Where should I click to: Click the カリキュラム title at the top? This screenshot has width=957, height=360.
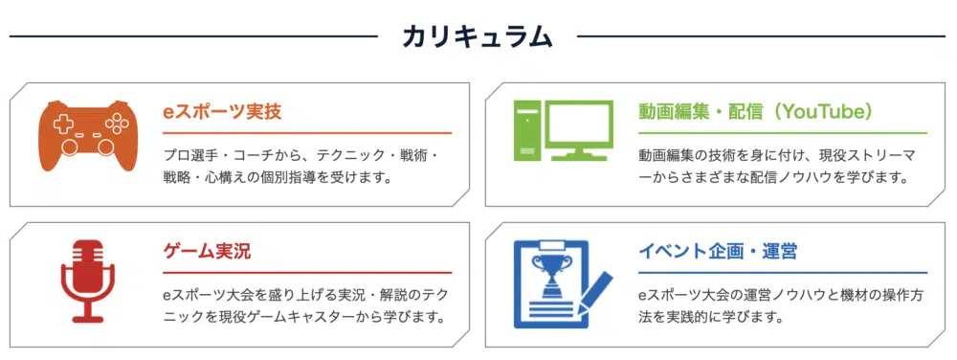point(478,36)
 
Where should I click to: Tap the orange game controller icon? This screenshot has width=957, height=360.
point(88,135)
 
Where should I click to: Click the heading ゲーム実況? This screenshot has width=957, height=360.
point(207,252)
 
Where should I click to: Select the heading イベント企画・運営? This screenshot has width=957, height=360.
point(717,252)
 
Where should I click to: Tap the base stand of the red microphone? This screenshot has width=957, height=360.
point(88,318)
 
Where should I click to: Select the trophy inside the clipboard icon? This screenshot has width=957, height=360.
point(550,275)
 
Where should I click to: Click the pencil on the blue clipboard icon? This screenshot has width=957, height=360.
point(594,293)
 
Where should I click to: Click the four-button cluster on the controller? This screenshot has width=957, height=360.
point(113,124)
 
